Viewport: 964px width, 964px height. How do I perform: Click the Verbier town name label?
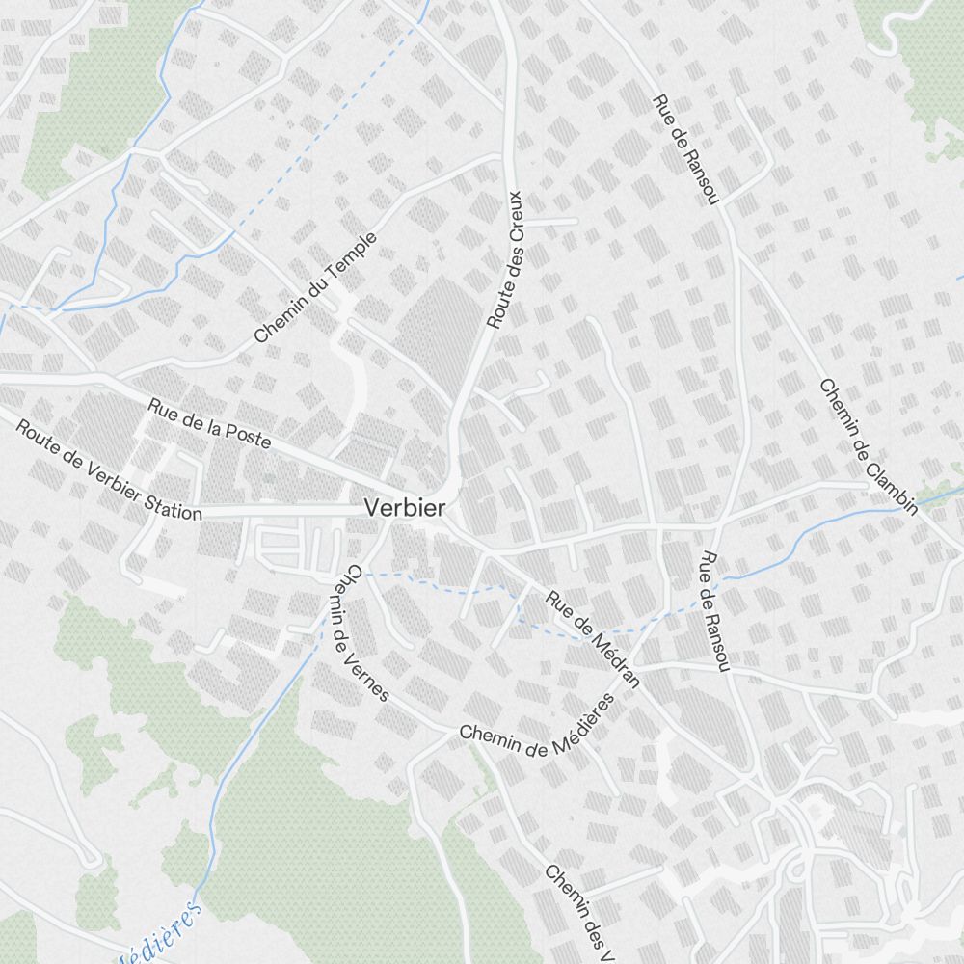click(404, 508)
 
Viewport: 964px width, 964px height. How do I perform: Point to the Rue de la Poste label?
click(209, 421)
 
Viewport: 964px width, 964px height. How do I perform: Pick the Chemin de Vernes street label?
click(365, 632)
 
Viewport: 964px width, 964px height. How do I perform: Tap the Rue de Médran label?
click(593, 640)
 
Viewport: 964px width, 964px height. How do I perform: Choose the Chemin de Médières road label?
click(538, 729)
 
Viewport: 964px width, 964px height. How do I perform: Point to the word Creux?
click(517, 213)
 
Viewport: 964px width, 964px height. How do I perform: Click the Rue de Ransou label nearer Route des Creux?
click(686, 148)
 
